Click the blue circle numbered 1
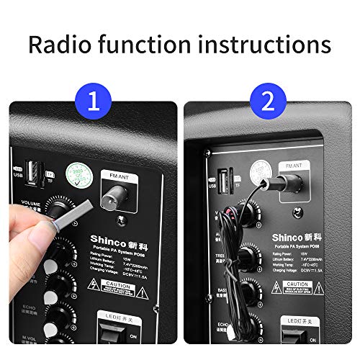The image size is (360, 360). click(x=91, y=102)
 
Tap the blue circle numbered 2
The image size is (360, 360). click(x=269, y=102)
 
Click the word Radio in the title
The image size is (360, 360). click(x=62, y=44)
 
